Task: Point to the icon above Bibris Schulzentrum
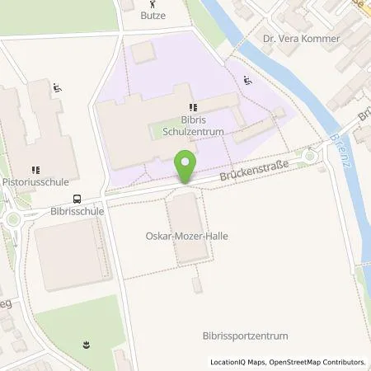pyautogui.click(x=194, y=107)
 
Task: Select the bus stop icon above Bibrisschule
pyautogui.click(x=77, y=198)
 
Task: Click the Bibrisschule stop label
pyautogui.click(x=77, y=210)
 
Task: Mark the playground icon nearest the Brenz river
pyautogui.click(x=248, y=81)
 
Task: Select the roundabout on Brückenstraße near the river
pyautogui.click(x=311, y=156)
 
